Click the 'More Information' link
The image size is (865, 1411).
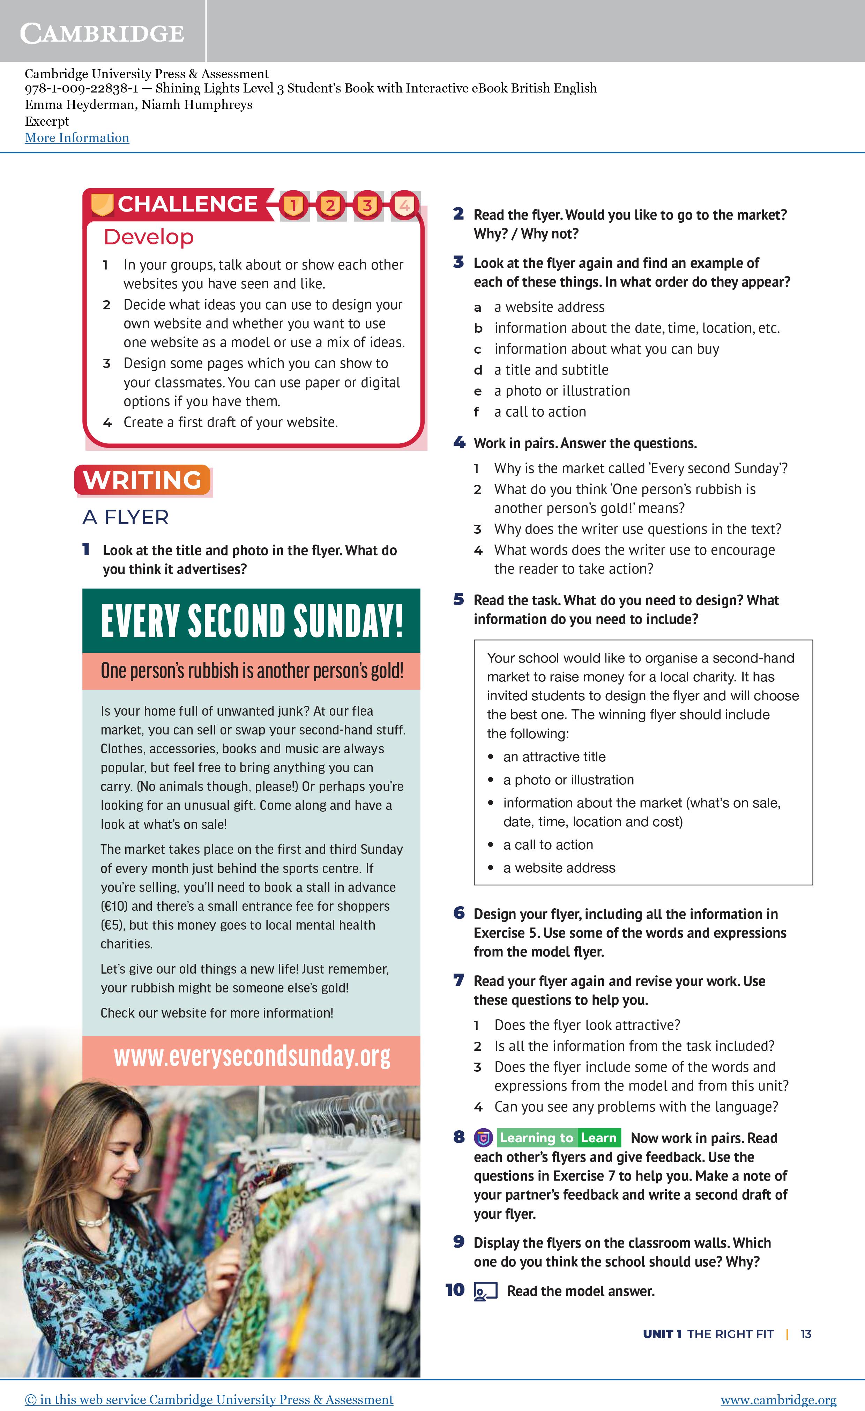point(77,138)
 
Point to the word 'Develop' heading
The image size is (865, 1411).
point(149,237)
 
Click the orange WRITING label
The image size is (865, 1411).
point(143,480)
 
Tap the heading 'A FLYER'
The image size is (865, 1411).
point(125,517)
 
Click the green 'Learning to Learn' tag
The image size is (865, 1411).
point(558,1138)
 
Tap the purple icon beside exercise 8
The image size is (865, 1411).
point(483,1138)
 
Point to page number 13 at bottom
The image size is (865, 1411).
point(805,1334)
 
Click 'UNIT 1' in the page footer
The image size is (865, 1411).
point(662,1334)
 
